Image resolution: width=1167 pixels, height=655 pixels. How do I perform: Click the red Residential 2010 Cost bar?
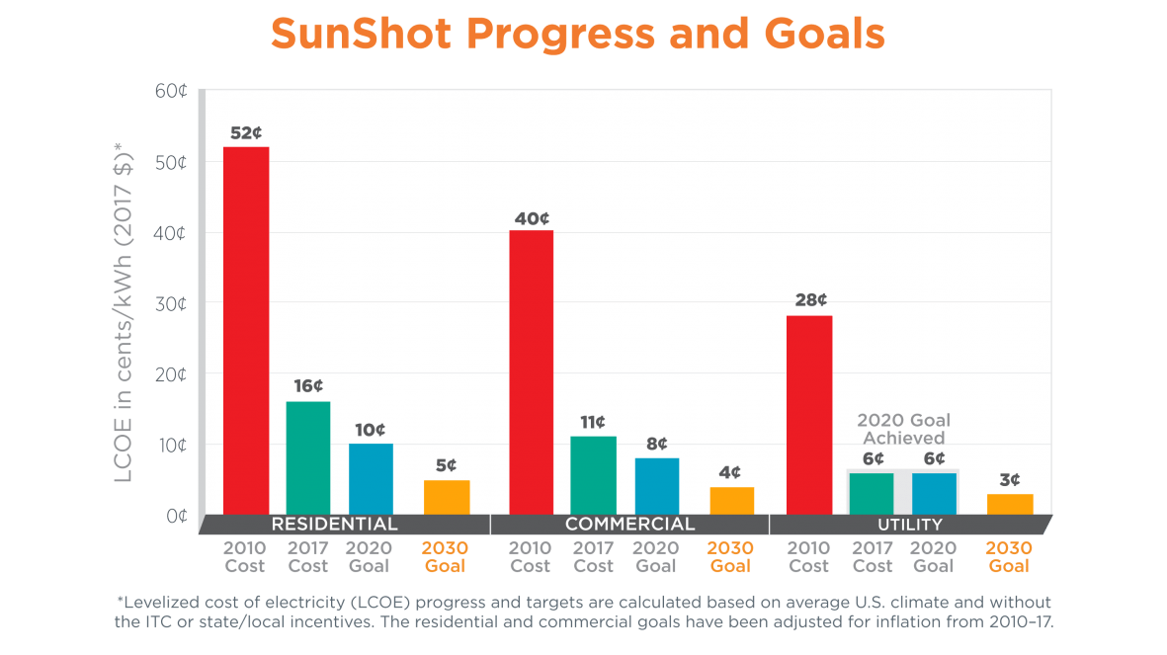(x=246, y=330)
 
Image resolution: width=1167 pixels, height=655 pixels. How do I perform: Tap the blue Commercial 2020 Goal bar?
(x=657, y=486)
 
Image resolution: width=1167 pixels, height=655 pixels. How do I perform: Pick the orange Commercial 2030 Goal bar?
(x=731, y=501)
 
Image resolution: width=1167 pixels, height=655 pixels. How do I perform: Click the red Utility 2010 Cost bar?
(x=809, y=415)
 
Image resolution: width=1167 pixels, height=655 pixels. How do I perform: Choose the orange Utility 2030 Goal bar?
(x=1010, y=504)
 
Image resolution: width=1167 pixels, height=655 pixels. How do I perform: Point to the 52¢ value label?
(x=246, y=132)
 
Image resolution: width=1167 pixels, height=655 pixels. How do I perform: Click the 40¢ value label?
(x=532, y=217)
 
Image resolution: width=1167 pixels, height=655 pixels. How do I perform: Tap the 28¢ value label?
(x=810, y=300)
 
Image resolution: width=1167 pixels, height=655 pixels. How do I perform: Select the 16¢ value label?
(x=308, y=386)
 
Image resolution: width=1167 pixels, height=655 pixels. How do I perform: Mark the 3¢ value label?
(x=1010, y=479)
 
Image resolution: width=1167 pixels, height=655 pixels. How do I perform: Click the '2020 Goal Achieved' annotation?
(x=903, y=428)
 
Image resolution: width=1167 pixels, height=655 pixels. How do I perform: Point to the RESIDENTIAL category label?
(x=334, y=524)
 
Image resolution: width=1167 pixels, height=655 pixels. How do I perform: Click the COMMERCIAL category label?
(x=629, y=524)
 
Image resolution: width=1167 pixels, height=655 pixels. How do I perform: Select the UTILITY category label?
(x=909, y=525)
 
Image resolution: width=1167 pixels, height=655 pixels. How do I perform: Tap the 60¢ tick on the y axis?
(x=171, y=91)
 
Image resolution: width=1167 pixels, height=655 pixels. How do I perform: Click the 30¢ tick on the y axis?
(x=171, y=304)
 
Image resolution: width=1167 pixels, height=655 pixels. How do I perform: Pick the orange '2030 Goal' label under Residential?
(x=447, y=557)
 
